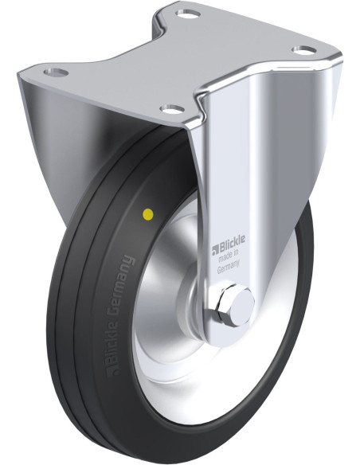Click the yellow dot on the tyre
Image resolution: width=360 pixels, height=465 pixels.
coord(147,213)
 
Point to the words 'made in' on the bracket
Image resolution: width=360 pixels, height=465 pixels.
coord(229,255)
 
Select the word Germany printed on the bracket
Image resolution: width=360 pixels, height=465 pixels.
coord(228,266)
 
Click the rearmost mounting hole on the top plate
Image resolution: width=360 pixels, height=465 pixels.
coord(187,14)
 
